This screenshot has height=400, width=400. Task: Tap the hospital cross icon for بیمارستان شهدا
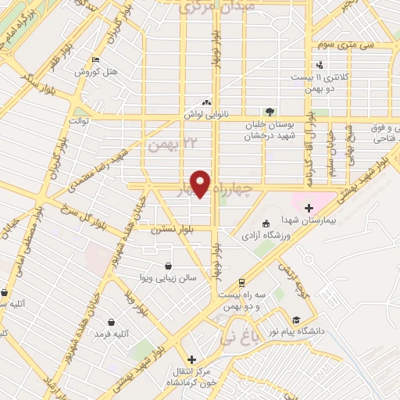(308, 208)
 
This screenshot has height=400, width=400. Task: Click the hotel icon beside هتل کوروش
(95, 60)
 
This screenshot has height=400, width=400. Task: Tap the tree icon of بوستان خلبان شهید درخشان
(270, 112)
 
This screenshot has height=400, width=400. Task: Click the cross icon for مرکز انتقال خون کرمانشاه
(191, 359)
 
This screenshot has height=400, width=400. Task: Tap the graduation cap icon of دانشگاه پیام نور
(296, 320)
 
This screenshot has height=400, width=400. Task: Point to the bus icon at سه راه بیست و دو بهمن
(241, 282)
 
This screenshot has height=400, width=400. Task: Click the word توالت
(81, 121)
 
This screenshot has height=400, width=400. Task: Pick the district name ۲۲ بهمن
(168, 145)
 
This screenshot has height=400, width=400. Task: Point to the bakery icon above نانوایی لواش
(206, 102)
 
